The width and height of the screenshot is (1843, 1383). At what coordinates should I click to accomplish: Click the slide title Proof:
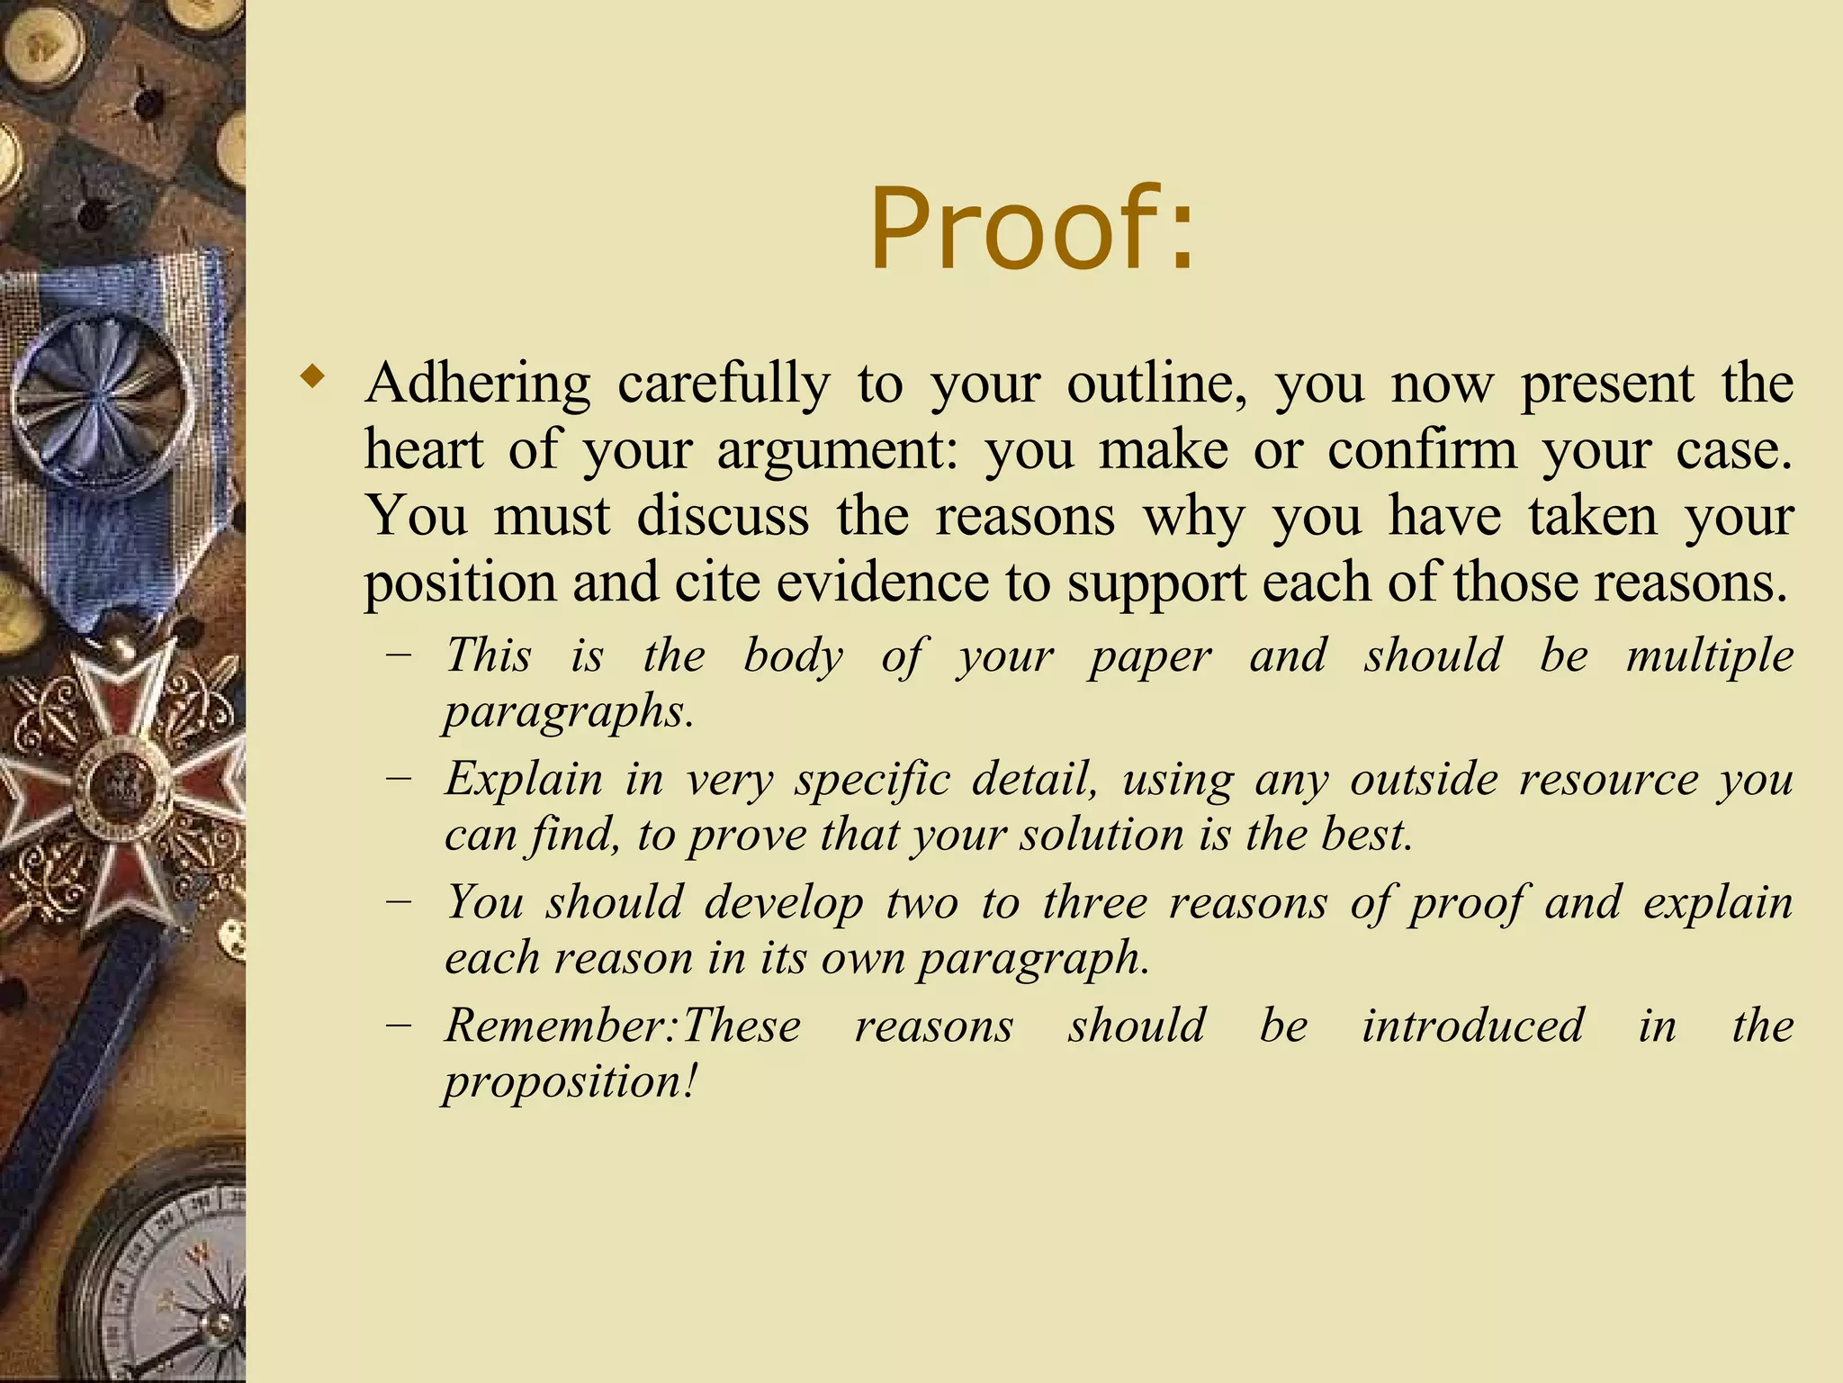click(1032, 229)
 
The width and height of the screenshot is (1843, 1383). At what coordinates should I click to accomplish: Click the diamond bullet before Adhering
click(311, 375)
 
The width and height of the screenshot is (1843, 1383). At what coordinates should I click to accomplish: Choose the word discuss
click(723, 517)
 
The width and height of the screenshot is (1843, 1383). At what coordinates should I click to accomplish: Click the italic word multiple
click(1709, 655)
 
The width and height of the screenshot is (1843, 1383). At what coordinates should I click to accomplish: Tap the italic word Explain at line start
click(524, 779)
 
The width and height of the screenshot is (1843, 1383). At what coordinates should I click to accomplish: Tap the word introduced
click(1472, 1026)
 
